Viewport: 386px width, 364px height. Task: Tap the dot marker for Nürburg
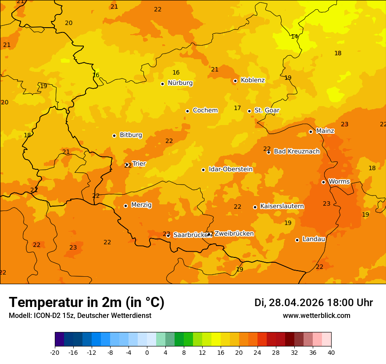pos(162,84)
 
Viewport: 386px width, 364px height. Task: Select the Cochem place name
pos(205,111)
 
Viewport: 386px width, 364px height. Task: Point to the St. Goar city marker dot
pos(249,111)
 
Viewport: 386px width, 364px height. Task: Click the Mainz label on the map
pos(325,131)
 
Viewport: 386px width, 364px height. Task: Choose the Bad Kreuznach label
pos(297,151)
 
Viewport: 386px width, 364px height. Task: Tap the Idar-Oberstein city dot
pos(203,170)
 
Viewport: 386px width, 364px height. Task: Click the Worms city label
pos(339,182)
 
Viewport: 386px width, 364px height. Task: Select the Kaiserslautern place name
pos(282,206)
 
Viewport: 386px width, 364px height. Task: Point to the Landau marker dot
pos(297,240)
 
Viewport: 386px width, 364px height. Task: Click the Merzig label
pos(141,205)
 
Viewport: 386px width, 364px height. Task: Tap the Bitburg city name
pos(131,135)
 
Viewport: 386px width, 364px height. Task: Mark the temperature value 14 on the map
pos(294,37)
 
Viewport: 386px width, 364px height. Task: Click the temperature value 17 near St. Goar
pos(237,108)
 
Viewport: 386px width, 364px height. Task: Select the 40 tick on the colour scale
pos(331,352)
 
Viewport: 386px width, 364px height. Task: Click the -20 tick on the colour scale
pos(55,352)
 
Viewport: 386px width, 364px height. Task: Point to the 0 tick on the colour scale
pos(147,352)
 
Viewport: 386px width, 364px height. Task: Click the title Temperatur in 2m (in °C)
pos(86,303)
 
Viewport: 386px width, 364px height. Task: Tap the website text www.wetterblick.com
pos(316,316)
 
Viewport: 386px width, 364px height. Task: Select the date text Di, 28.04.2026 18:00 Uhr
pos(314,303)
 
